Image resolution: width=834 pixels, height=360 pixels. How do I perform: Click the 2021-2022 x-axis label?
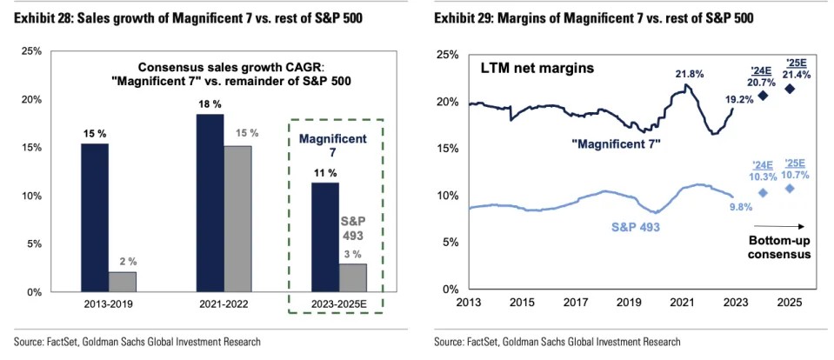(224, 304)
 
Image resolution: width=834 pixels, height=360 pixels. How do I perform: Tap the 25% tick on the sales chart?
(30, 52)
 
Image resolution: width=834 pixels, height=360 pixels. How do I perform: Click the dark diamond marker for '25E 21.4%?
(790, 89)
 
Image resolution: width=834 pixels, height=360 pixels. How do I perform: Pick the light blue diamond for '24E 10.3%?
(763, 193)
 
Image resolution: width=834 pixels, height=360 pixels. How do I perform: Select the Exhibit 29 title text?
(593, 18)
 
